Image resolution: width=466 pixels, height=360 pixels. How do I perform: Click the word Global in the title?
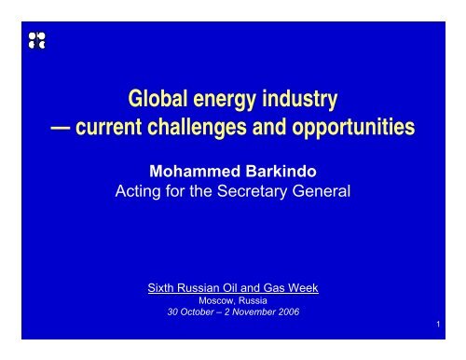[155, 98]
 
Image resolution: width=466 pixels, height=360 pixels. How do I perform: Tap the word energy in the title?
[226, 99]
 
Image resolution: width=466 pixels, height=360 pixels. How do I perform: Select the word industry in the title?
[300, 99]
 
